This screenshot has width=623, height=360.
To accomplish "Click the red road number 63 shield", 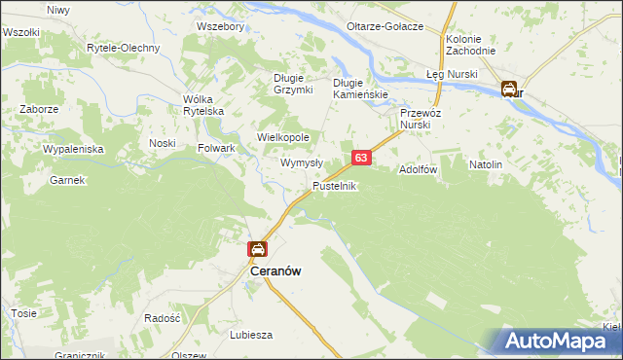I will coord(361,157).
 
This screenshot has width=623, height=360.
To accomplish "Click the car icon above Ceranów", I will coord(257,250).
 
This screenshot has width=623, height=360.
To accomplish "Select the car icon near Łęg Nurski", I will coord(510,90).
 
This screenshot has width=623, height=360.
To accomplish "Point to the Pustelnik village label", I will coord(336,185).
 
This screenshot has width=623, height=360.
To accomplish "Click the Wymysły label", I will coord(302,163).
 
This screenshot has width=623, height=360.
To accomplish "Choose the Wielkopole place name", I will coord(282,138).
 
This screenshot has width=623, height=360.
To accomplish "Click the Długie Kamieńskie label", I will coord(361,89).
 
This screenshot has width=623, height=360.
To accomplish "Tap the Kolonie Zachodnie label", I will coord(470,45).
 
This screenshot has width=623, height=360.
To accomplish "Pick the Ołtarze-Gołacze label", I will coord(386,26).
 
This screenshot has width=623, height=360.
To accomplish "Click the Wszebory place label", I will coord(219,26).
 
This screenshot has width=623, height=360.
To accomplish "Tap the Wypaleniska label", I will coord(73,149).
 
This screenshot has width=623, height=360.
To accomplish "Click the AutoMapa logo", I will coord(558,341).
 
